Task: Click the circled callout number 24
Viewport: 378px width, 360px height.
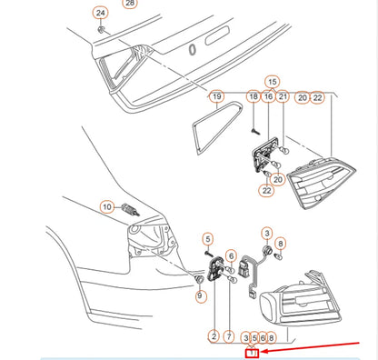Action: pos(100,13)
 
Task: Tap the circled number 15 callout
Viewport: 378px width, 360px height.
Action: pos(272,82)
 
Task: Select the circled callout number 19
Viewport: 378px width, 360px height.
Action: pos(217,96)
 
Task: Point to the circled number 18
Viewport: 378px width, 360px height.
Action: pos(254,96)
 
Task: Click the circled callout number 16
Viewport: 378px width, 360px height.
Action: pos(268,96)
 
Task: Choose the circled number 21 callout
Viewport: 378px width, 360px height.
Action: pos(283,96)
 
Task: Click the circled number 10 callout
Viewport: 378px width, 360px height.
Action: pos(107,207)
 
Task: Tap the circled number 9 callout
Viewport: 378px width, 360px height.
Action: pos(200,295)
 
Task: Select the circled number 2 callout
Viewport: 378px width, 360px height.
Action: pos(214,336)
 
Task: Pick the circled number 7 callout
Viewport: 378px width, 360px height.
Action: pos(229,336)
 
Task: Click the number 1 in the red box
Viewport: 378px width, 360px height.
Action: pos(252,353)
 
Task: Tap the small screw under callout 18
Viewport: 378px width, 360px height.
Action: pos(255,132)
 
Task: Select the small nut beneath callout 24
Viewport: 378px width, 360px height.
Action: pos(101,29)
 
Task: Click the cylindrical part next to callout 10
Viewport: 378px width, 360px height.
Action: pos(131,209)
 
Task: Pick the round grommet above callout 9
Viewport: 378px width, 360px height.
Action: pos(199,280)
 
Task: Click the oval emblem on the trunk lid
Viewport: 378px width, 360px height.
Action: pos(192,50)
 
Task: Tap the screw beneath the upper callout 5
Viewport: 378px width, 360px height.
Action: pos(208,254)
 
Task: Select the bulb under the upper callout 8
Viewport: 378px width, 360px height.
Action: pos(279,256)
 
